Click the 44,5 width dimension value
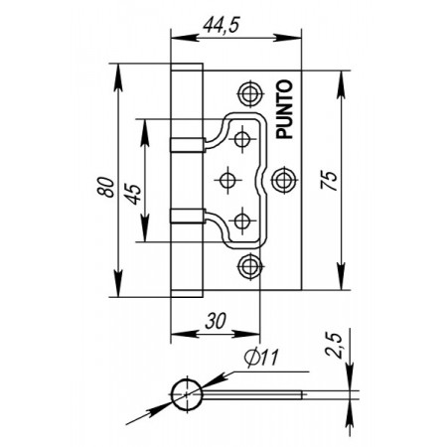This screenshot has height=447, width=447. click(222, 25)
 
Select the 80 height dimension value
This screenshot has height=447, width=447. click(106, 188)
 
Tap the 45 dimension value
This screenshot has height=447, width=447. click(133, 194)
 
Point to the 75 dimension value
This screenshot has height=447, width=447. click(329, 180)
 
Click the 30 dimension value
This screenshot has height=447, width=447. click(216, 321)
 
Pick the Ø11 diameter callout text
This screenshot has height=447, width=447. click(261, 358)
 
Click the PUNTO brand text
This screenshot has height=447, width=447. click(284, 109)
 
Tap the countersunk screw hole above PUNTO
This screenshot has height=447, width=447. click(250, 93)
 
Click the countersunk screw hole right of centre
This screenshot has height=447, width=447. click(283, 180)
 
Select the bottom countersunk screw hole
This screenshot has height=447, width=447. click(250, 266)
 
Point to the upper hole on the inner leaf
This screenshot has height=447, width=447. click(242, 139)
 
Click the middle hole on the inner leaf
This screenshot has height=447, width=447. click(227, 180)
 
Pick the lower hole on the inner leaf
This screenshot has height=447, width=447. click(242, 221)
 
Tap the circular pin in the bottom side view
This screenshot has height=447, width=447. click(187, 394)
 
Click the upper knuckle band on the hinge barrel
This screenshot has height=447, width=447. click(188, 144)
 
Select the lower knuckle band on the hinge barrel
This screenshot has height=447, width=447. click(188, 216)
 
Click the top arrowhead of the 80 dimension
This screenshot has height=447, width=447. click(118, 76)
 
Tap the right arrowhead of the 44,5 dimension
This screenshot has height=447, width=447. click(287, 38)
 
